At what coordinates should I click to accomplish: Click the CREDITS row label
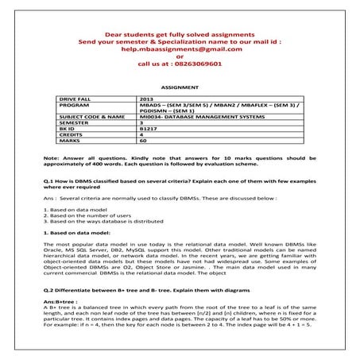[x=73, y=136]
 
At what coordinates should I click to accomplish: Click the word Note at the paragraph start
[x=50, y=158]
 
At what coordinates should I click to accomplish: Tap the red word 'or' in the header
[x=180, y=56]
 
